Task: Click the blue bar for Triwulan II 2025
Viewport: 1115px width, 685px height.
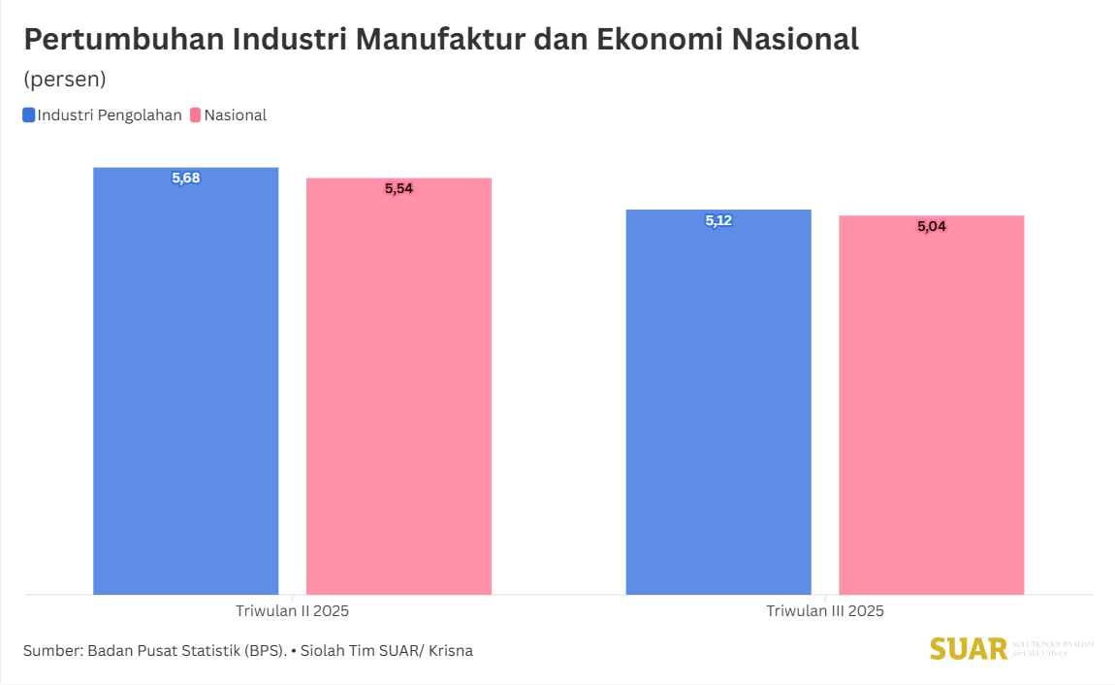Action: click(185, 388)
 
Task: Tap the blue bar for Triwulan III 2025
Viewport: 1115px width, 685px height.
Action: click(718, 408)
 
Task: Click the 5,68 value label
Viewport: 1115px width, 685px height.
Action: click(185, 178)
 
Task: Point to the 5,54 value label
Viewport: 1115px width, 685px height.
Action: click(398, 188)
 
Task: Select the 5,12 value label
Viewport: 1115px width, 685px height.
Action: click(718, 220)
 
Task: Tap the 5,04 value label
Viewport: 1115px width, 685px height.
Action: click(931, 226)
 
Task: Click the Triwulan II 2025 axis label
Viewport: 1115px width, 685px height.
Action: click(292, 611)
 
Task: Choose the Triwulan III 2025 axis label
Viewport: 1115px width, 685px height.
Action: click(825, 611)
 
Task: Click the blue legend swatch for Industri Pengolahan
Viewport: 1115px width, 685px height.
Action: click(29, 114)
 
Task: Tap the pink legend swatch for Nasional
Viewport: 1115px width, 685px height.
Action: click(195, 114)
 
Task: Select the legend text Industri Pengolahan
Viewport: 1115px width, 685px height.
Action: click(110, 114)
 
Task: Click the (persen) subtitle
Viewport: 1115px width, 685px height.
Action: click(65, 79)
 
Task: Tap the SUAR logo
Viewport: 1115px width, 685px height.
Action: click(969, 649)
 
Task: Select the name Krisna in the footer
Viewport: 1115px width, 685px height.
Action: click(449, 650)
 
